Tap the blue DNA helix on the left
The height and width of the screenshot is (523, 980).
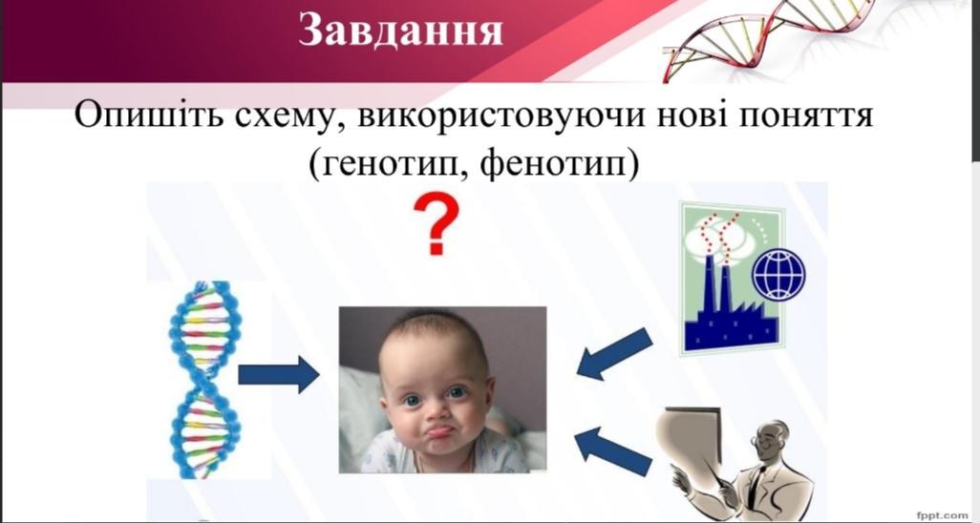coord(204,380)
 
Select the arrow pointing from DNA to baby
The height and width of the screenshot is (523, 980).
coord(279,374)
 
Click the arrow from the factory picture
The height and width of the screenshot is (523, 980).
coord(614,354)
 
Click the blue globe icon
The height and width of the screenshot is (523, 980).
coord(778,274)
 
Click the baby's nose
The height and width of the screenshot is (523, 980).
coord(435,410)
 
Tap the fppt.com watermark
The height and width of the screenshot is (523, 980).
coord(942,514)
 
